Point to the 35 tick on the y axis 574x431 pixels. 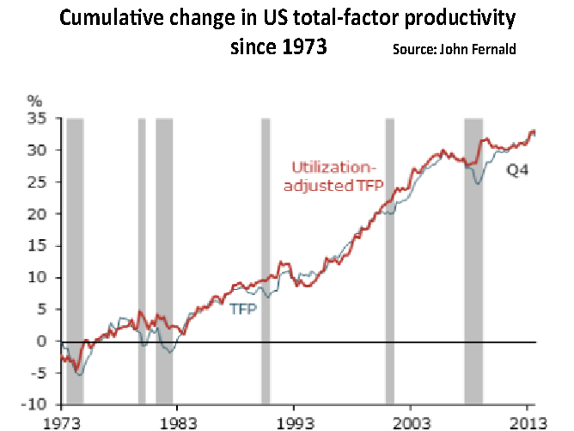pyautogui.click(x=38, y=118)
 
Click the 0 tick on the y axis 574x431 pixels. pyautogui.click(x=41, y=341)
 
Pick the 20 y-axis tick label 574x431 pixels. pyautogui.click(x=38, y=213)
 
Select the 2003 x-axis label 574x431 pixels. pyautogui.click(x=410, y=422)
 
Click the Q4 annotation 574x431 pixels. pyautogui.click(x=516, y=171)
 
